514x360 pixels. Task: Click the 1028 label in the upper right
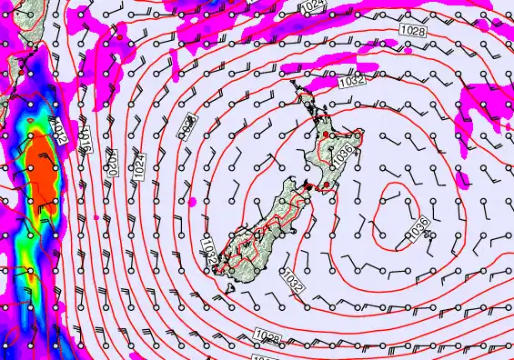click(413, 32)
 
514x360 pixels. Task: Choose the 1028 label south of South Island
click(269, 337)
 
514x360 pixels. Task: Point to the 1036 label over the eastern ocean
click(419, 229)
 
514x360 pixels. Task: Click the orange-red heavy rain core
click(40, 173)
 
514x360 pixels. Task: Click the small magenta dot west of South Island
click(195, 198)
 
